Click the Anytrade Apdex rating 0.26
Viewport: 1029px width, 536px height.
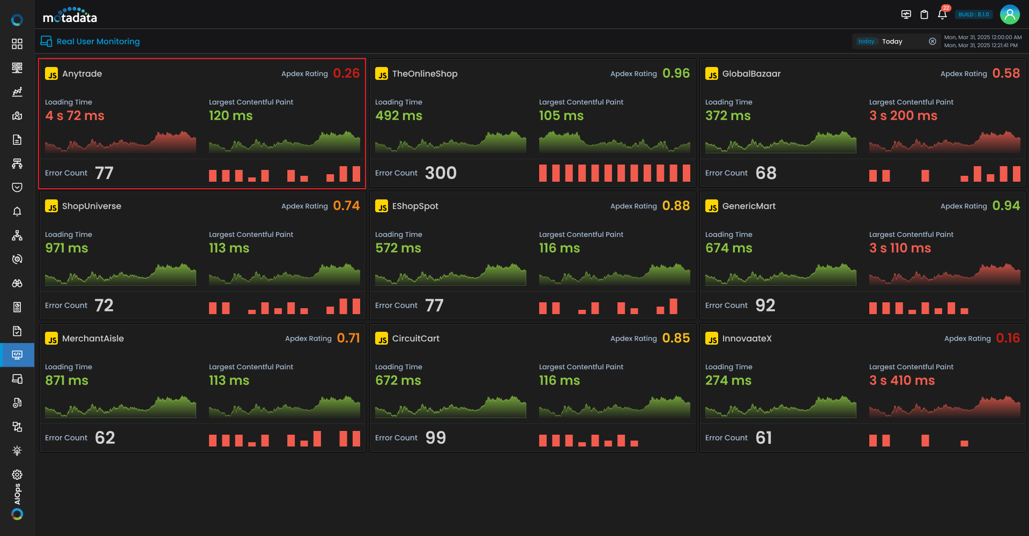[346, 73]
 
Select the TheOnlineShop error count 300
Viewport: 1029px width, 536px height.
[441, 173]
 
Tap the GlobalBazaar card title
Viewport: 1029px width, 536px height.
[751, 74]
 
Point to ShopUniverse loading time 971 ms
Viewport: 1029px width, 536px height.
[66, 248]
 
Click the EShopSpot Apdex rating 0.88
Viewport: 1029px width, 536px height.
[676, 206]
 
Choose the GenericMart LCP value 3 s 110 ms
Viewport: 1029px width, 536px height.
[900, 248]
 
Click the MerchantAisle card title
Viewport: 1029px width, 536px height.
[93, 339]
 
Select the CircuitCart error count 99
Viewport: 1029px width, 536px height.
[436, 438]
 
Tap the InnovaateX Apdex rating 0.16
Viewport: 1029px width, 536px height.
[1008, 338]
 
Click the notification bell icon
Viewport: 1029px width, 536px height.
[942, 14]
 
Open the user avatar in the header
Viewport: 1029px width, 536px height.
[1010, 14]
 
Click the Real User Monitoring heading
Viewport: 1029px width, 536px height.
[98, 41]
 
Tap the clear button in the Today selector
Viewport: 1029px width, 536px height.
[933, 41]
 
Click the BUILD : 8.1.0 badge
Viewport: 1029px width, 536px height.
[974, 14]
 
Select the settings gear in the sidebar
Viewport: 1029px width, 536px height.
[17, 474]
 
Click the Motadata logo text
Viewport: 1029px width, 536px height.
[70, 16]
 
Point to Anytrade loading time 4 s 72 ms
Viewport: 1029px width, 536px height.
[74, 116]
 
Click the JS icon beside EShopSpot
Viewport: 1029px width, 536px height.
[382, 206]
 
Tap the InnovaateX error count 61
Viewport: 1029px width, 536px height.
[764, 438]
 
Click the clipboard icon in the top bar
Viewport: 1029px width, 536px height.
[924, 14]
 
